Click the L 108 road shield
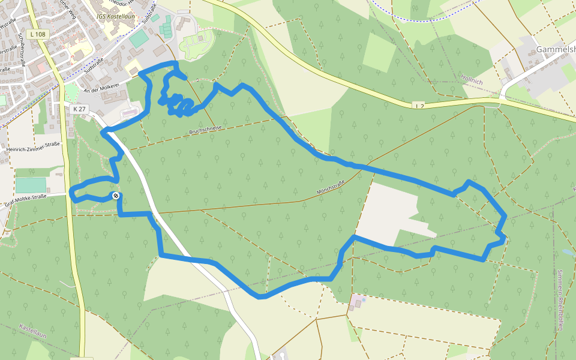[x=37, y=35]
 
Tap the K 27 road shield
[x=79, y=109]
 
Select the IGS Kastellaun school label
[x=116, y=16]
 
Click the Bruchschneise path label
[x=205, y=129]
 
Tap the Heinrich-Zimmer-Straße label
[x=34, y=147]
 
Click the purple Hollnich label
[x=472, y=78]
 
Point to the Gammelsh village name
[x=555, y=49]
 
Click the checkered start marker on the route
[x=115, y=196]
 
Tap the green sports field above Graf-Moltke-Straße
[x=31, y=185]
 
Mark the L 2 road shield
[x=419, y=106]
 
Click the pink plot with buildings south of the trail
[x=358, y=301]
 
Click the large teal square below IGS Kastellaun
[x=139, y=38]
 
